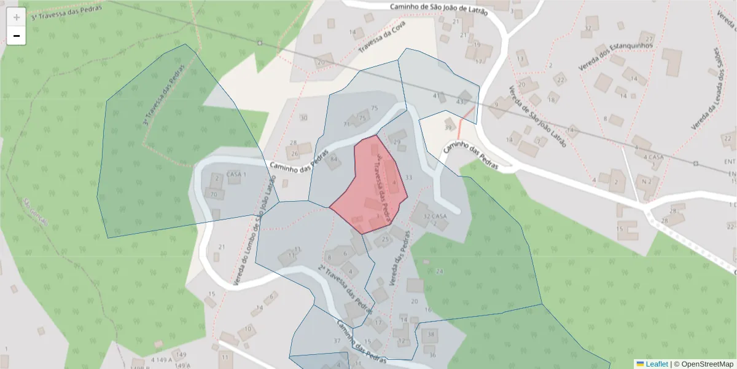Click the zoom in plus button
pos(17,17)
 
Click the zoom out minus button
pos(17,36)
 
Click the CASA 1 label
pos(236,174)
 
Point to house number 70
pos(213,195)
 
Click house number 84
pos(334,160)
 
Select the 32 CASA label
pos(435,216)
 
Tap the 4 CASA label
pos(653,157)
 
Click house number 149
pos(180,355)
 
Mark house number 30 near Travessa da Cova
pos(303,117)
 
